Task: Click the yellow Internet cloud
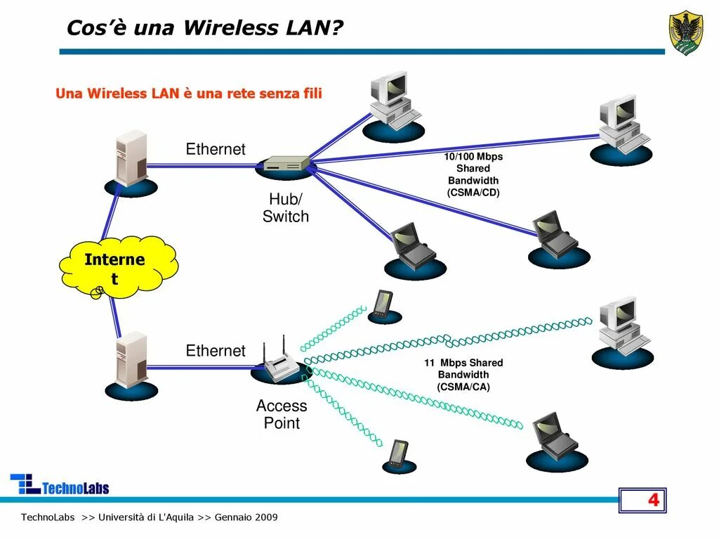click(117, 266)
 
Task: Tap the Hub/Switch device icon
click(285, 165)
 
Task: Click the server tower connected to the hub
click(131, 160)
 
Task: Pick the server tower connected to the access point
click(131, 361)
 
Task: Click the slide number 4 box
click(642, 501)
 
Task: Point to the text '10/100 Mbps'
click(473, 157)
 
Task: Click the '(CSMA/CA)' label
click(463, 387)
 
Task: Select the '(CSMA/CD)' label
click(473, 193)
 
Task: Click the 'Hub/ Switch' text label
click(286, 208)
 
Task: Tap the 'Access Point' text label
click(282, 414)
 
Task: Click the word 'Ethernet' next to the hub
click(216, 149)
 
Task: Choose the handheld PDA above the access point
click(383, 304)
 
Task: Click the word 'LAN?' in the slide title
click(314, 28)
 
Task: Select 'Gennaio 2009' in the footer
click(246, 517)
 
